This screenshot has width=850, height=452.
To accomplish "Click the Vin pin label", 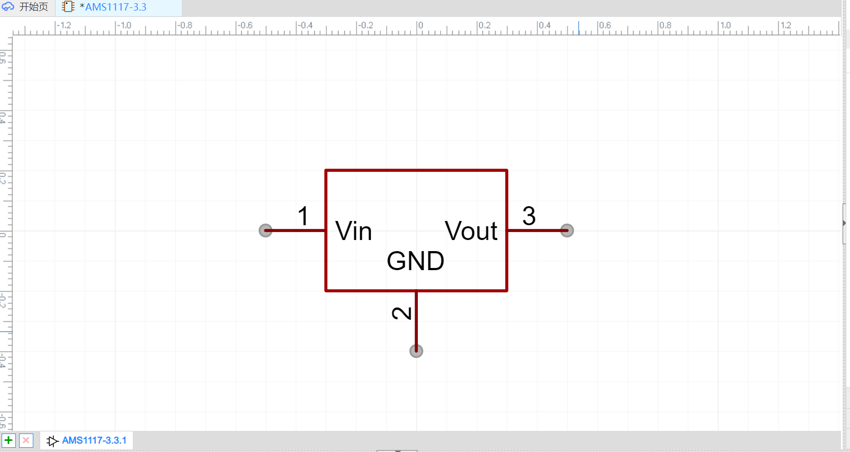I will tap(353, 232).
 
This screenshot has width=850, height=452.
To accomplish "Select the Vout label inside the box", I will tap(471, 231).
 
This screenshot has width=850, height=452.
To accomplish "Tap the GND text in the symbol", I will tap(415, 261).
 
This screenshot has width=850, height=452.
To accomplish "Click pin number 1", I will tap(303, 216).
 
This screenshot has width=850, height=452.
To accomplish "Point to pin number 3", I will tap(529, 216).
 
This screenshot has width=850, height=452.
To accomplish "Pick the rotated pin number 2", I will tap(402, 313).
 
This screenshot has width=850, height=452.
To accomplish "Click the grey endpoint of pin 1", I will tap(266, 230).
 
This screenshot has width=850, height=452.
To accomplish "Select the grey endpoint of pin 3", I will tap(567, 230).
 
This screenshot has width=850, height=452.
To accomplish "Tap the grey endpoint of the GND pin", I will tap(416, 351).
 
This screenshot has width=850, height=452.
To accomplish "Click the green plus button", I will tap(8, 440).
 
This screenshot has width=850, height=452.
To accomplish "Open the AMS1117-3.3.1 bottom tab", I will tap(94, 440).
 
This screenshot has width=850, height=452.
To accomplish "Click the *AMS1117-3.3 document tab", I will tap(113, 7).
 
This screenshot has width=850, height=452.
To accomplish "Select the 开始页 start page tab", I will tap(33, 7).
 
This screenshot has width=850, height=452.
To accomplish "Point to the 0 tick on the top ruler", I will tap(420, 25).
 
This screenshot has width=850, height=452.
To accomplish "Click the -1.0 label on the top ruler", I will tap(124, 25).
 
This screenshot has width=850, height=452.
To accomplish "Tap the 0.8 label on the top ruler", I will tap(665, 25).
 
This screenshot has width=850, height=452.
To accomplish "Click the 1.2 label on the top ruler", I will tap(785, 25).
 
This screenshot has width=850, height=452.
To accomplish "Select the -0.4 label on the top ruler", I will tap(305, 25).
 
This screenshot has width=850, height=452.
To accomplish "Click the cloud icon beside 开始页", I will tap(8, 7).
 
